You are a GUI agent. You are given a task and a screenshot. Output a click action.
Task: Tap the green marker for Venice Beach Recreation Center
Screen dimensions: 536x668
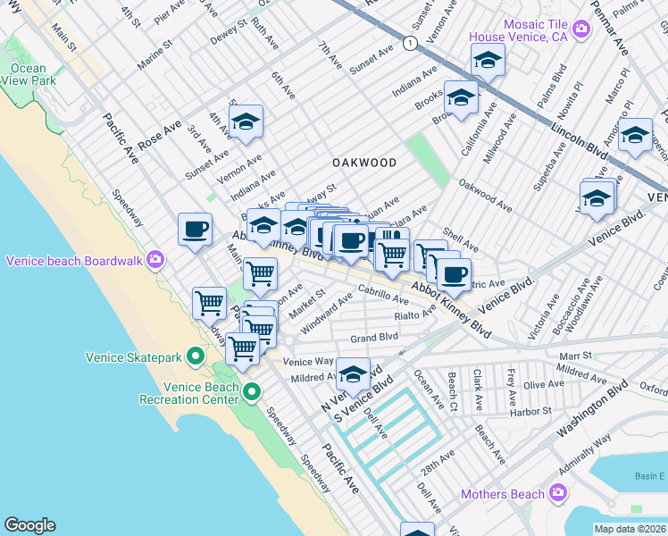coord(252,392)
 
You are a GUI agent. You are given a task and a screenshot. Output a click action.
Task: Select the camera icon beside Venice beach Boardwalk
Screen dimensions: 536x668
coord(156,261)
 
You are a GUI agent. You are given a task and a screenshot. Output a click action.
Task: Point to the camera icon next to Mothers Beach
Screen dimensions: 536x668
coord(558,493)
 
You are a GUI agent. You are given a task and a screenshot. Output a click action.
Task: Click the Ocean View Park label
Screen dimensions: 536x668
coord(29,74)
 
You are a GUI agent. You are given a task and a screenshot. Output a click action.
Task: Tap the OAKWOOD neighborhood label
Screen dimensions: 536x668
coord(363,163)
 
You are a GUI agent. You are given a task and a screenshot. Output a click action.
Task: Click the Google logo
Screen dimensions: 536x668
coord(29,525)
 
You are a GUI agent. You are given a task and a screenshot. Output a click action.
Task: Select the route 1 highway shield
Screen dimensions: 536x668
coord(409,43)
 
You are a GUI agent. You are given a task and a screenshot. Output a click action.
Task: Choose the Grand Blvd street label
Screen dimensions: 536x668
coord(373,339)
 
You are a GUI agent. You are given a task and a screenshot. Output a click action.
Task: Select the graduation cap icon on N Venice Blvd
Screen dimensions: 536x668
coord(353,374)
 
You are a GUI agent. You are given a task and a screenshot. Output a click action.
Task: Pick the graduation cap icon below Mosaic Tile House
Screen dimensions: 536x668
coord(488,60)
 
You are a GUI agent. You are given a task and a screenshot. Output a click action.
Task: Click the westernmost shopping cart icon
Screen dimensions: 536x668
coord(209,303)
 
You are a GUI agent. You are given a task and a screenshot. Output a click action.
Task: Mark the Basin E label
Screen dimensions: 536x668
coord(649,476)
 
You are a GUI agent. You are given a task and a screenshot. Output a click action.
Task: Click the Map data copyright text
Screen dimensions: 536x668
coord(630,529)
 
